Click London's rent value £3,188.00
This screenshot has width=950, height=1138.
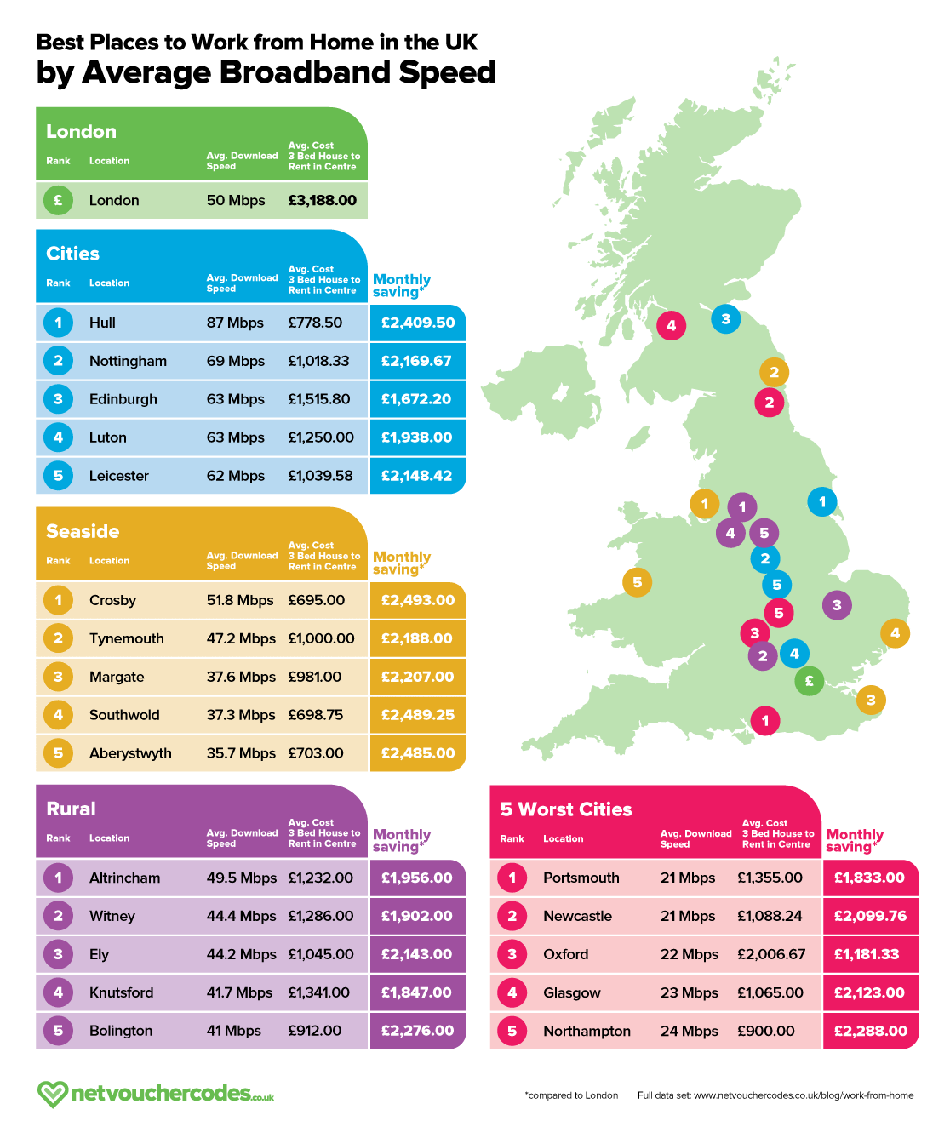323,200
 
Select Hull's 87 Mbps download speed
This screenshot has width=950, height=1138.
235,323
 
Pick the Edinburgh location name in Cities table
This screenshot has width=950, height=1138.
123,399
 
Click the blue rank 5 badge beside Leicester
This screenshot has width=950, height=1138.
58,476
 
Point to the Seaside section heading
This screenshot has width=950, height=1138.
83,531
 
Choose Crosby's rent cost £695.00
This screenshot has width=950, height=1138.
317,600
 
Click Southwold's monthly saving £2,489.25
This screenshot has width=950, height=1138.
418,715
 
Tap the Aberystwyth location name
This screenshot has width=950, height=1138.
130,753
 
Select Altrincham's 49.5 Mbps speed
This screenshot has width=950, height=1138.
242,878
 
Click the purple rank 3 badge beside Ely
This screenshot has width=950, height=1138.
58,954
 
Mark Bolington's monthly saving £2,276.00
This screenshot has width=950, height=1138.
418,1031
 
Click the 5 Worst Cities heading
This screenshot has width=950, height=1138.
566,809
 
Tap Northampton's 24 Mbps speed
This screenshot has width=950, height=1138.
690,1031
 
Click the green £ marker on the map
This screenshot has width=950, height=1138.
809,681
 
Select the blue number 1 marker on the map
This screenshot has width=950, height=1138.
821,502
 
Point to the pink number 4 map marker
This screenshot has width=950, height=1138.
671,325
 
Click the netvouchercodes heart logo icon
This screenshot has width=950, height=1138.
52,1094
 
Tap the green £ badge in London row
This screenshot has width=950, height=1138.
58,200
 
